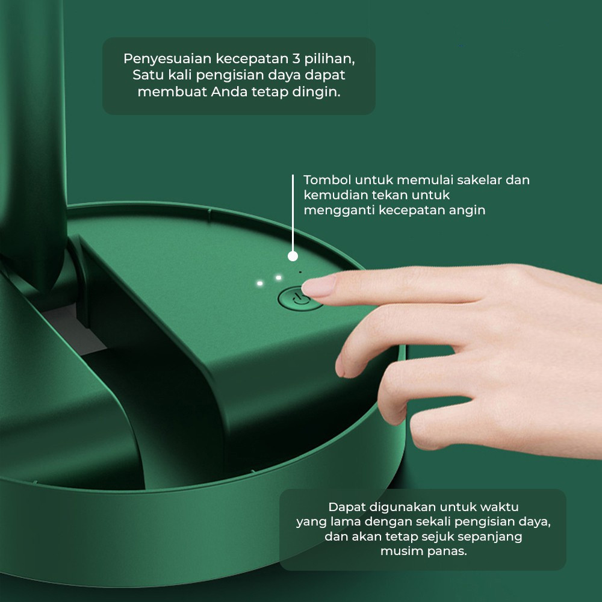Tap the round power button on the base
coord(297,299)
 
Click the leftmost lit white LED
coord(260,284)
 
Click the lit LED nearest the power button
coord(279,277)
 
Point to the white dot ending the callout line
coord(293,256)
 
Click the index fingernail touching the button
coord(317,287)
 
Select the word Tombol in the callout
coord(327,179)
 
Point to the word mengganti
coord(339,211)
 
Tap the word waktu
coord(499,507)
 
